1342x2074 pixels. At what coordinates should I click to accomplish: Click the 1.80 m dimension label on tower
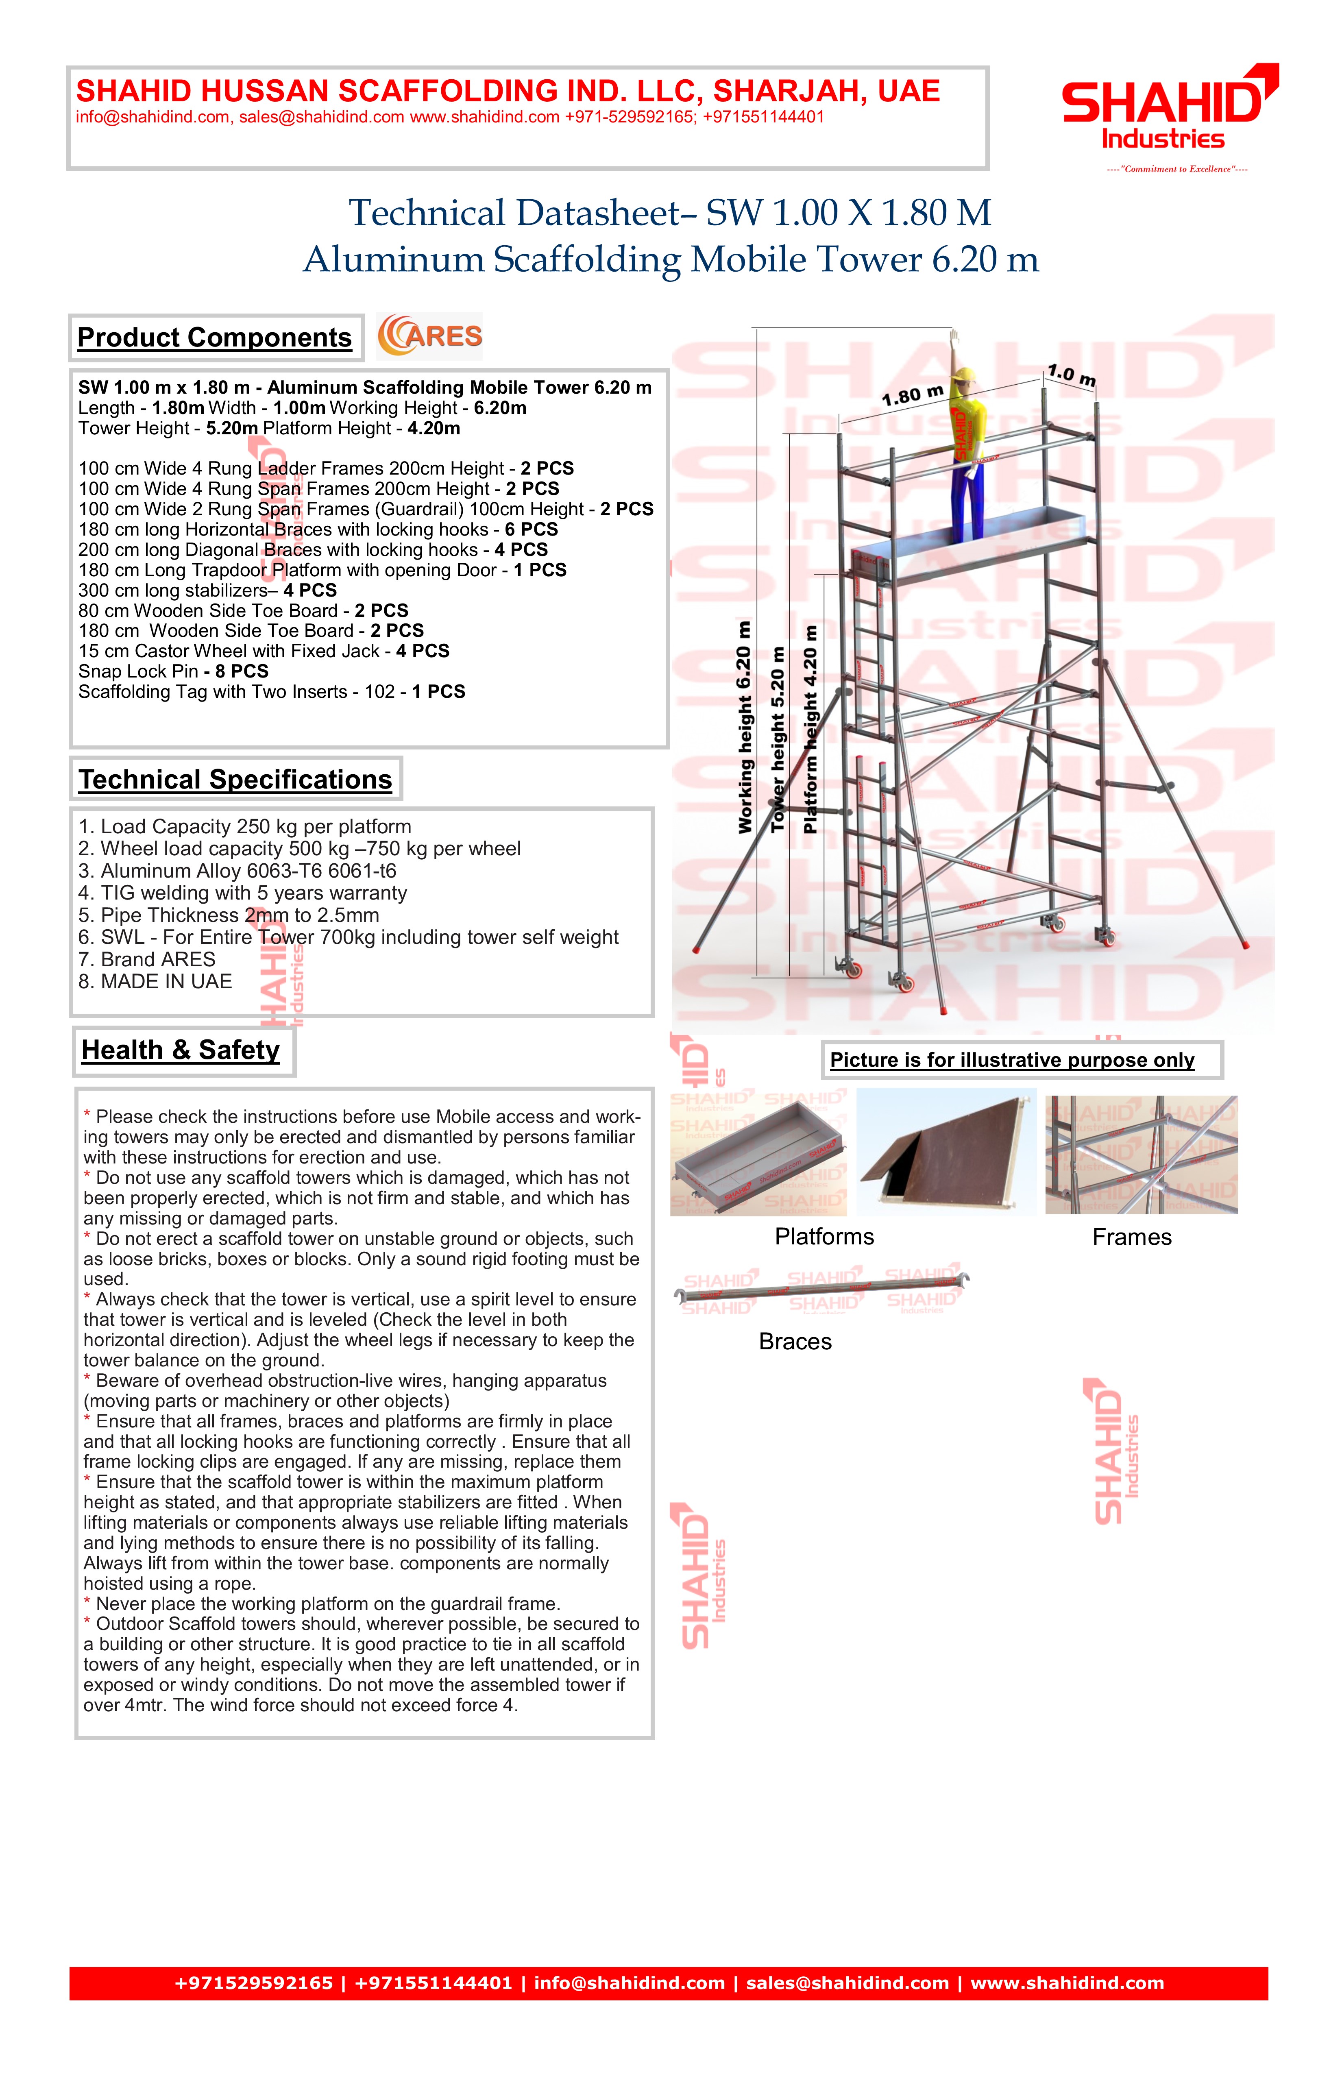click(913, 396)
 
